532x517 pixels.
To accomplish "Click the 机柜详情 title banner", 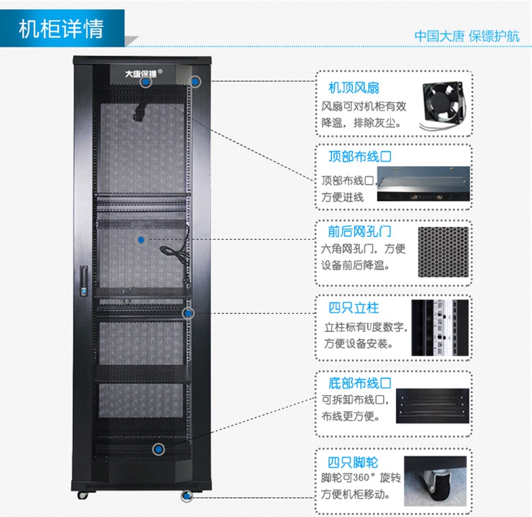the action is click(x=62, y=28).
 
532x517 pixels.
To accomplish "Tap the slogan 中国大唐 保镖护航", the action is click(x=467, y=36).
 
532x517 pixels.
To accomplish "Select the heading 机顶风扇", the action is click(x=354, y=88).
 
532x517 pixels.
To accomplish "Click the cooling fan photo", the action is click(x=443, y=105).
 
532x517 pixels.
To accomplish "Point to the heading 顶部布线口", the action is click(x=360, y=157).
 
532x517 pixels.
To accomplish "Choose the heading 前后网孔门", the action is click(x=360, y=232).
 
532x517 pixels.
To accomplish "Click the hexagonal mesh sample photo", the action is click(x=443, y=252).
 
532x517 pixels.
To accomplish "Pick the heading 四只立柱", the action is click(x=353, y=308).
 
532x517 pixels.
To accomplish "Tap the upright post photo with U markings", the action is click(x=440, y=328).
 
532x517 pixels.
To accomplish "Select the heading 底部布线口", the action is click(x=360, y=384).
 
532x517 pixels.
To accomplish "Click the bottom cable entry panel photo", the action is click(x=433, y=406).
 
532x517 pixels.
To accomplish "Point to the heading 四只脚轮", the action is click(x=353, y=462).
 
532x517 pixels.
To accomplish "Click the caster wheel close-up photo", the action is click(x=436, y=481).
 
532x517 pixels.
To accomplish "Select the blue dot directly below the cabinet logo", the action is click(x=146, y=82).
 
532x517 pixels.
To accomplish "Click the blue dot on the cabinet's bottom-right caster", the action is click(x=187, y=496).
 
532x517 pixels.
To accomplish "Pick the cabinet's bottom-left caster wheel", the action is click(x=82, y=495).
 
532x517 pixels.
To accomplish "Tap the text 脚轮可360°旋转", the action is click(x=361, y=478).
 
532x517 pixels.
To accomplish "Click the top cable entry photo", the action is click(x=423, y=184).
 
